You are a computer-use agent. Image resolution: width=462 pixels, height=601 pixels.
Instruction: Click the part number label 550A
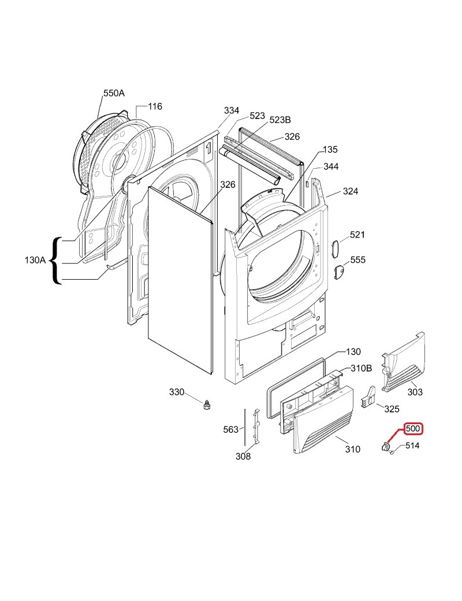click(x=114, y=92)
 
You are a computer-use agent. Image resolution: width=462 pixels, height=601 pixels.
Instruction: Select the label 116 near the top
click(x=155, y=106)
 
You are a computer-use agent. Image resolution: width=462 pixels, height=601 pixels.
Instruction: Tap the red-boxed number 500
click(x=413, y=429)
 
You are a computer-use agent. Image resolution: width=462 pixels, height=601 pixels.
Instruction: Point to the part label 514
click(x=412, y=446)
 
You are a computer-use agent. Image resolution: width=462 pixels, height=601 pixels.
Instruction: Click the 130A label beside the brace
click(x=35, y=260)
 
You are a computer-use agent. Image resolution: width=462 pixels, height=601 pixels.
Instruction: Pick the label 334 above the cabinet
click(x=231, y=110)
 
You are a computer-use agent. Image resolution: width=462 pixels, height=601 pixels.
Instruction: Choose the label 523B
click(x=280, y=120)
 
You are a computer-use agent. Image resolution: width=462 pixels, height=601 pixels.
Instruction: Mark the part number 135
click(x=330, y=150)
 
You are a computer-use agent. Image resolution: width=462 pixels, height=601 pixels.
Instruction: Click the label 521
click(x=357, y=235)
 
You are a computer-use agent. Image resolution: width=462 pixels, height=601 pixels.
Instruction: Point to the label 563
click(x=230, y=429)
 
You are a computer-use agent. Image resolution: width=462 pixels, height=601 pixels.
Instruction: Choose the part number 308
click(x=243, y=457)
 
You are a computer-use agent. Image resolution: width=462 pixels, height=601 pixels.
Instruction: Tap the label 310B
click(x=360, y=369)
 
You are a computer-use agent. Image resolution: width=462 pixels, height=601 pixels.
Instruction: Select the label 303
click(x=415, y=392)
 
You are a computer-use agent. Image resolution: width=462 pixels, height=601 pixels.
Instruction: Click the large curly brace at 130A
click(x=56, y=261)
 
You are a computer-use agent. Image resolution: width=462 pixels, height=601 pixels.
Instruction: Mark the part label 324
click(x=351, y=191)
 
